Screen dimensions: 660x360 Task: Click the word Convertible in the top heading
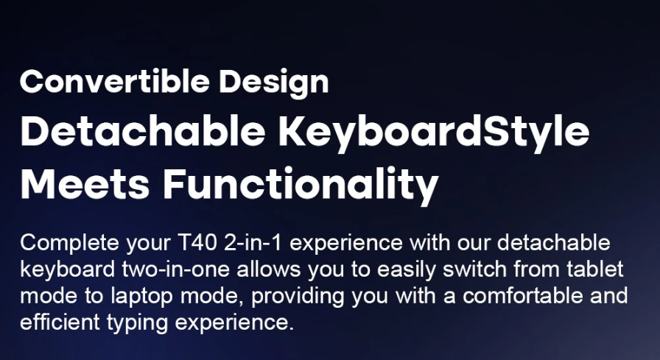pyautogui.click(x=114, y=81)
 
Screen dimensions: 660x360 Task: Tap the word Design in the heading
pyautogui.click(x=274, y=83)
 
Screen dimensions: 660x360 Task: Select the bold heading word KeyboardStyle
pyautogui.click(x=434, y=132)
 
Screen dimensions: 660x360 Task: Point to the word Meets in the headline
pyautogui.click(x=85, y=184)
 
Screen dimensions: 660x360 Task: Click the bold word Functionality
pyautogui.click(x=301, y=186)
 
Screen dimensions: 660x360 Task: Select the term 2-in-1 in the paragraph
pyautogui.click(x=253, y=243)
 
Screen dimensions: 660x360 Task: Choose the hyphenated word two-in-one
pyautogui.click(x=176, y=269)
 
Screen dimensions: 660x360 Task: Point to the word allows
pyautogui.click(x=269, y=269)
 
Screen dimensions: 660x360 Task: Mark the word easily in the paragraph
pyautogui.click(x=406, y=270)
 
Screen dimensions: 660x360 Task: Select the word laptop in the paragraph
pyautogui.click(x=142, y=297)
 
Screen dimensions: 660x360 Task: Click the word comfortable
pyautogui.click(x=523, y=295)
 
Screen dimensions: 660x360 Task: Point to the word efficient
pyautogui.click(x=60, y=322)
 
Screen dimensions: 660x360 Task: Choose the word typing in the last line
pyautogui.click(x=137, y=323)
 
